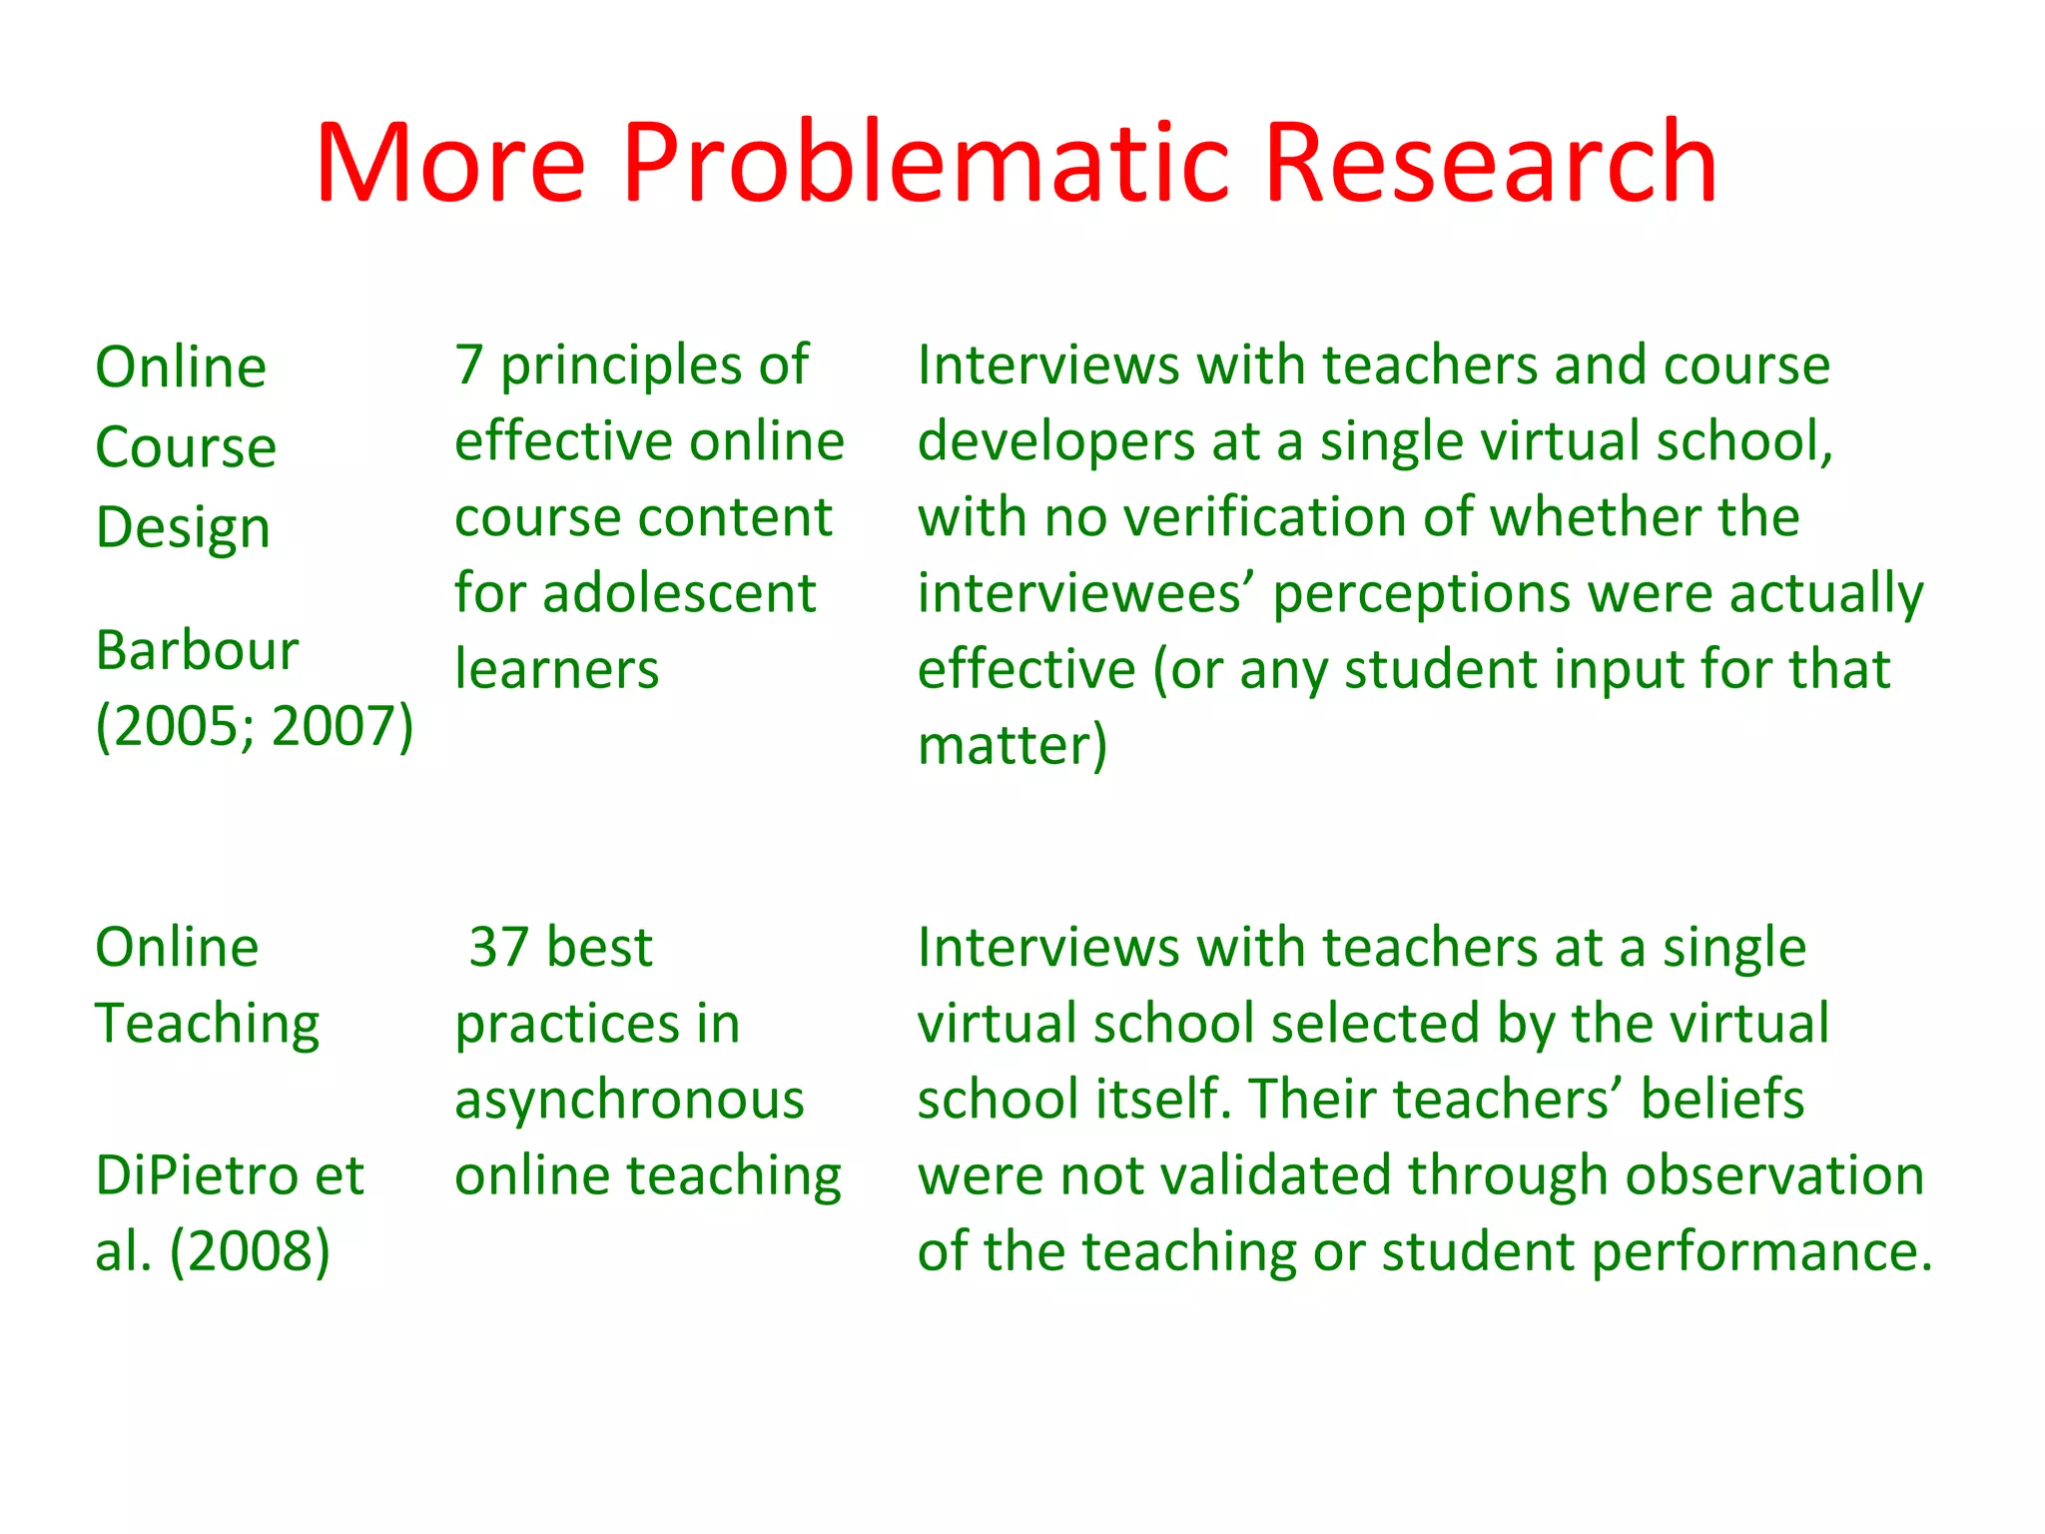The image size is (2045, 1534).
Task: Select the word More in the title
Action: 450,162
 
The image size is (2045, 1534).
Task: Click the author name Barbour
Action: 197,651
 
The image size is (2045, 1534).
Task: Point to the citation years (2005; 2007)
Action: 254,726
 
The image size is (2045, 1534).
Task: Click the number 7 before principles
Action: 469,366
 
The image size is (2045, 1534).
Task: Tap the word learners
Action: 556,670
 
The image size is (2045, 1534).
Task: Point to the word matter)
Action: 1012,746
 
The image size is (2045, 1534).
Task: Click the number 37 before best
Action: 499,948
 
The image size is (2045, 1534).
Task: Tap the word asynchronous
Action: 629,1100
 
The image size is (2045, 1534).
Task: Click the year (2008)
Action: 250,1251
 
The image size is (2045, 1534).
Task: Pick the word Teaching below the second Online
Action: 207,1025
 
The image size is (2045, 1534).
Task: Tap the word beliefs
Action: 1722,1100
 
